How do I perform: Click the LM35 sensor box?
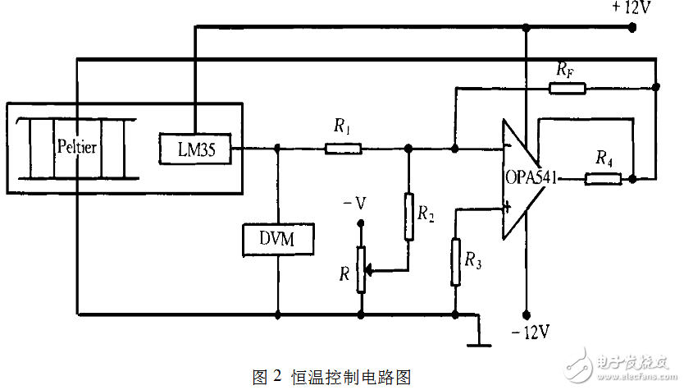pyautogui.click(x=194, y=149)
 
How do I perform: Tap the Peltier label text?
pyautogui.click(x=77, y=148)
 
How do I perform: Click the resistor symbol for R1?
pyautogui.click(x=343, y=149)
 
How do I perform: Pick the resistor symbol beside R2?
pyautogui.click(x=408, y=216)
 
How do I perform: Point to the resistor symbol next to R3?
pyautogui.click(x=455, y=261)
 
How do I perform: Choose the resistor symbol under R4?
pyautogui.click(x=603, y=178)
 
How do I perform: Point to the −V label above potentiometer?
pyautogui.click(x=354, y=203)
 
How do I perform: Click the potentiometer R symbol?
pyautogui.click(x=360, y=268)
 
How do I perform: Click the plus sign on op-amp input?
pyautogui.click(x=508, y=209)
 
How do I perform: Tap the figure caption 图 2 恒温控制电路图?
pyautogui.click(x=331, y=376)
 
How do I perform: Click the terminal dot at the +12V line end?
pyautogui.click(x=631, y=27)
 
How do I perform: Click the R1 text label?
pyautogui.click(x=342, y=126)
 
